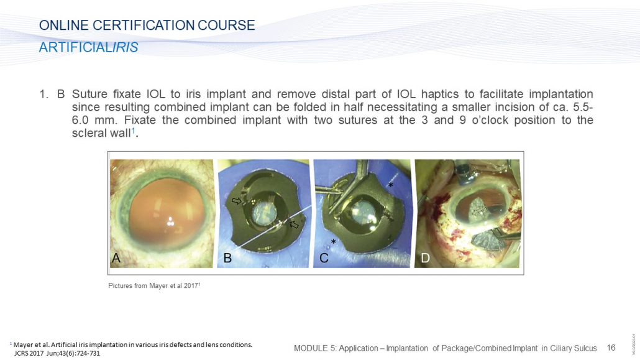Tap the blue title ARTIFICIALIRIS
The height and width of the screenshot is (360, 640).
coord(89,47)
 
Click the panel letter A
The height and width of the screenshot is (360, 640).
coord(116,258)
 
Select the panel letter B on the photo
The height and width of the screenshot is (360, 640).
coord(227,258)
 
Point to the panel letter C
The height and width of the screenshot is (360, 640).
coord(324,258)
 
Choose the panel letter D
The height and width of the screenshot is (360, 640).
coord(425,258)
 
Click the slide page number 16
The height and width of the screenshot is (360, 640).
coord(611,348)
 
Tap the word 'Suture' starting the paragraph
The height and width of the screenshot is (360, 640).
coord(90,94)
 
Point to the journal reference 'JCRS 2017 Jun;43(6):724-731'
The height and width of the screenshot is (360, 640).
coord(57,353)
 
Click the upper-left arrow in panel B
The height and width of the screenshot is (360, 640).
coord(237,201)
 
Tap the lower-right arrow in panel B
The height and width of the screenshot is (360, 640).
coord(294,224)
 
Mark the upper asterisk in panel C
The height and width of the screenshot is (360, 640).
coord(390,185)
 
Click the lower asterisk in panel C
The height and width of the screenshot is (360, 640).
coord(334,242)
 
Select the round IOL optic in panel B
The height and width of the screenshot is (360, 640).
coord(264,213)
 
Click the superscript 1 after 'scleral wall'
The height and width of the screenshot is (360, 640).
coord(133,131)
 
